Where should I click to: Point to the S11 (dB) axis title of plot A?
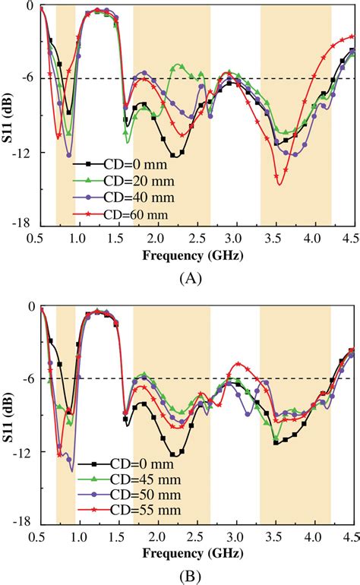[10, 115]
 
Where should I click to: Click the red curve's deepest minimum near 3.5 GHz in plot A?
[279, 184]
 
